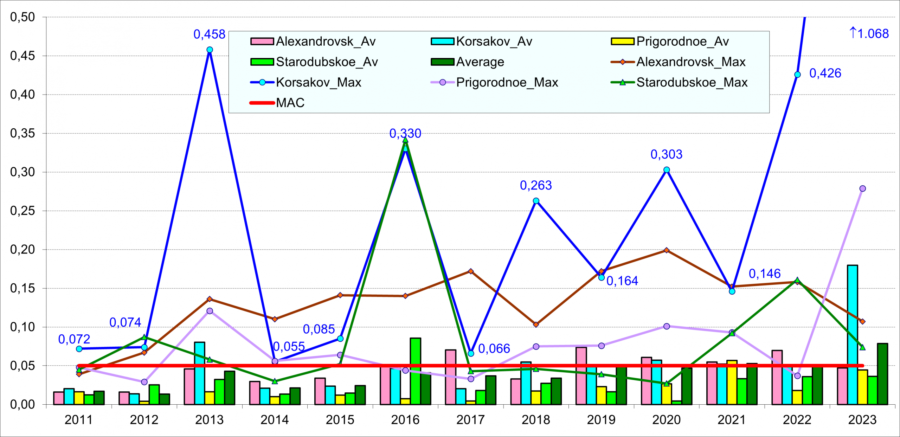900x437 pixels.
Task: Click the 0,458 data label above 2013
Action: coord(209,34)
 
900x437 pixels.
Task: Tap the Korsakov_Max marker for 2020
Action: coord(667,170)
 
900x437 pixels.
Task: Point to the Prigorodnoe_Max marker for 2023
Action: coord(862,188)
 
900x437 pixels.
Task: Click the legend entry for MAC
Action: coord(277,103)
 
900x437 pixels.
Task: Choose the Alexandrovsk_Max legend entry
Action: coord(678,62)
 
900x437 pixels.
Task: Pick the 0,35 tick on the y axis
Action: coord(22,133)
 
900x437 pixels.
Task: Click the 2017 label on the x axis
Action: coord(470,419)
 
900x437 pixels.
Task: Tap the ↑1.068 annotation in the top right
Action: coord(868,33)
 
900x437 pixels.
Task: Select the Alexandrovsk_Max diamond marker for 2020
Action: coord(667,250)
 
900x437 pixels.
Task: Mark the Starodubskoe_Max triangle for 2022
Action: coord(797,280)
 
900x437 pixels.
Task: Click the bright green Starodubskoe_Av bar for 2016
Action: coord(415,371)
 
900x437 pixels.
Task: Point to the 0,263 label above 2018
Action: coord(536,185)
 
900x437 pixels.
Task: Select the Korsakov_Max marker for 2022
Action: coord(797,75)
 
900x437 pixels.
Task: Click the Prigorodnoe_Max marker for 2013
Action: coord(210,311)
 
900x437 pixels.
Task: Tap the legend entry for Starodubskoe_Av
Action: coord(314,62)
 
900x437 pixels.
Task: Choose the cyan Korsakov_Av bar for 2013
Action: coord(199,373)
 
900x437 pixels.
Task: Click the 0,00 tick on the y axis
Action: coord(22,404)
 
